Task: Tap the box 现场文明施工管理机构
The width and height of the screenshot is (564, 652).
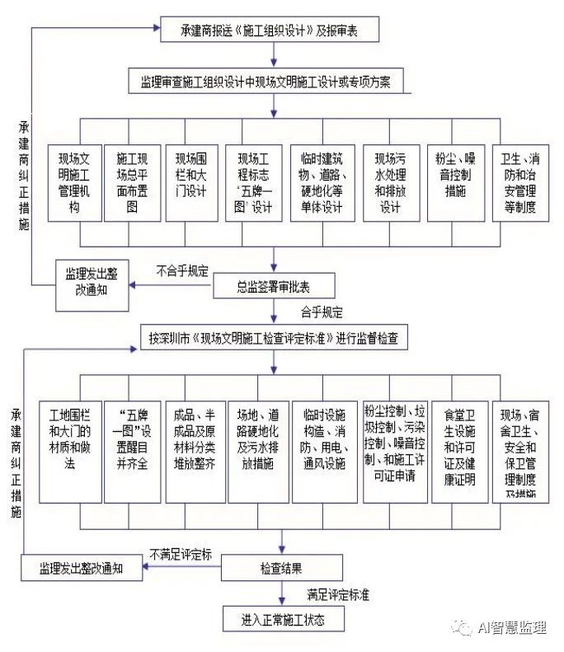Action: coord(74,183)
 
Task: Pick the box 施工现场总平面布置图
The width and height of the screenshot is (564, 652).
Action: coord(132,181)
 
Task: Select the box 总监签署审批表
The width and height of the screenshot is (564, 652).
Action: coord(273,286)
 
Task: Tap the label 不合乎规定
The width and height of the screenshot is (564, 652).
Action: coord(182,270)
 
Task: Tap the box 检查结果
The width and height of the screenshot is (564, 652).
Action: coord(281,568)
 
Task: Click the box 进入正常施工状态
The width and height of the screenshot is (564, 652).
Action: coord(281,617)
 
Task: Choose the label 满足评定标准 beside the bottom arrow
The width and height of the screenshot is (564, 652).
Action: coord(337,593)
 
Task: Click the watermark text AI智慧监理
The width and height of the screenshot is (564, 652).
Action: coord(511,628)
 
